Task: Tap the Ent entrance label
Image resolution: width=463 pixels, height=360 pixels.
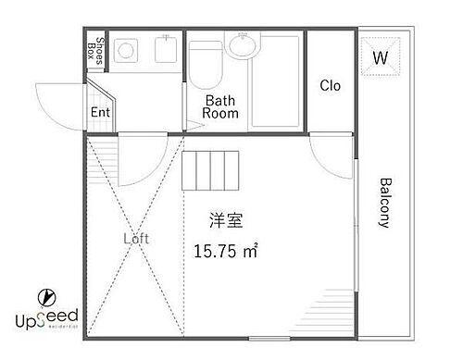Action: pos(100,113)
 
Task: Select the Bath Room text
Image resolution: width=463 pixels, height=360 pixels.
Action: pos(222,106)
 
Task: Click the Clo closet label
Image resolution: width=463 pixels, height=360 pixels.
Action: pos(330,86)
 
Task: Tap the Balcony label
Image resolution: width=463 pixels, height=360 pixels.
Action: pos(383,203)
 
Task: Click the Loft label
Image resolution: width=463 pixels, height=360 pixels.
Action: pos(136,237)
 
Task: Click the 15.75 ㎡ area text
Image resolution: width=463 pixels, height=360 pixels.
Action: pos(226,251)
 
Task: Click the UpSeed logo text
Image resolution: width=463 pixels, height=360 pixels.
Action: pos(45,319)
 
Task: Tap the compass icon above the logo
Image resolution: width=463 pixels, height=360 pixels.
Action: pos(44,297)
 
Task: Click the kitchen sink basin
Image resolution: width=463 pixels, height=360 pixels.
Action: pos(165,54)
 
